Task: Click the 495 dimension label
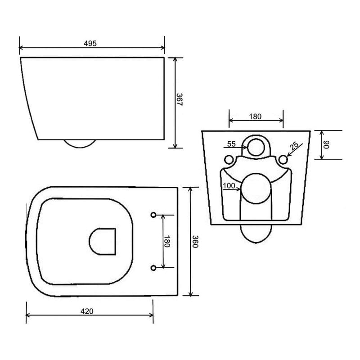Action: [90, 43]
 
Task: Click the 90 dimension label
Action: [327, 145]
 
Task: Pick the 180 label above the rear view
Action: [255, 117]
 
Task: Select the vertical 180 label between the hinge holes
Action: [167, 242]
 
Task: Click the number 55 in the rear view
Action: [231, 144]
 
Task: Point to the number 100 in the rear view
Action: [228, 185]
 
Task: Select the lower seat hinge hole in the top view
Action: [153, 268]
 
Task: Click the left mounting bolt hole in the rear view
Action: [229, 159]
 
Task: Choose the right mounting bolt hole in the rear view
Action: [283, 159]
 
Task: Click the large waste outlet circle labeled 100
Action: [255, 187]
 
